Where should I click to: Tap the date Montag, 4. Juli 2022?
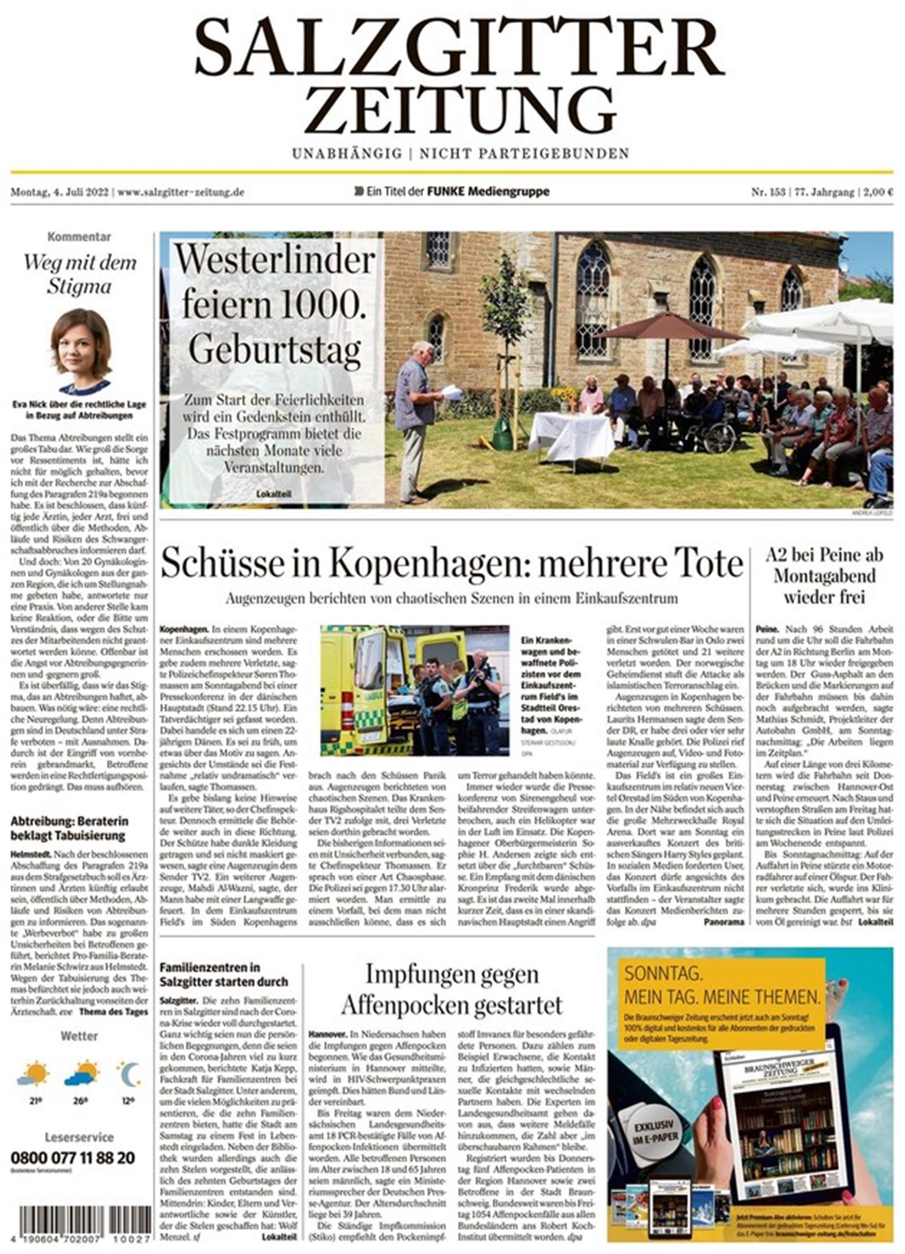pyautogui.click(x=60, y=192)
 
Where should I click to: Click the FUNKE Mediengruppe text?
pyautogui.click(x=488, y=192)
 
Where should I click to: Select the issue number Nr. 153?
pyautogui.click(x=768, y=192)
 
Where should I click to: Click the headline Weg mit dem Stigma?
pyautogui.click(x=79, y=274)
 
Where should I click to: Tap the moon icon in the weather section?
pyautogui.click(x=130, y=1074)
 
